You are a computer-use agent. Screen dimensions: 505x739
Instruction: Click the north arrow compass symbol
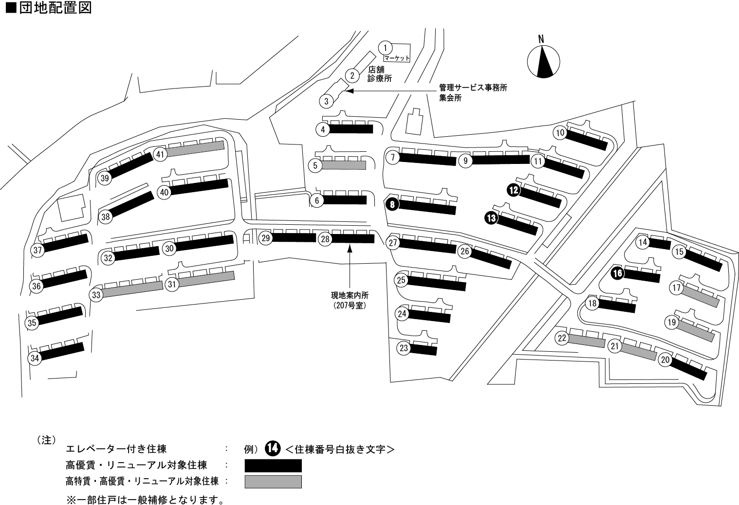click(x=544, y=61)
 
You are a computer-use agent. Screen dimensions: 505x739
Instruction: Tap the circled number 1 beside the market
click(x=385, y=48)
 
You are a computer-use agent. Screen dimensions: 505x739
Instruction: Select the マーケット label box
click(x=397, y=58)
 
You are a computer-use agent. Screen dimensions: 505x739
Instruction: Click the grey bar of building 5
click(x=344, y=165)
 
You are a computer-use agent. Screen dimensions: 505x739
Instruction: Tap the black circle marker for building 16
click(x=617, y=273)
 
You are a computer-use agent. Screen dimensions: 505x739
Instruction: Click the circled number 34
click(x=34, y=359)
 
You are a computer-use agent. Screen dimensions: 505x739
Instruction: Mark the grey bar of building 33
click(x=132, y=289)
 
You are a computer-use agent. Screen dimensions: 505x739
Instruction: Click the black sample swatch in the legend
click(x=273, y=466)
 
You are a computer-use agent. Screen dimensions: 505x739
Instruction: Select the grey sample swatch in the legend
click(x=273, y=482)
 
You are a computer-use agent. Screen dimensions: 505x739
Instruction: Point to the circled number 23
click(x=404, y=348)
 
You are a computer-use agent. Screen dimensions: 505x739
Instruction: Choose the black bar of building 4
click(x=351, y=129)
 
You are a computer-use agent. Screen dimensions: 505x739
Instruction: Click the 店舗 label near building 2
click(x=376, y=70)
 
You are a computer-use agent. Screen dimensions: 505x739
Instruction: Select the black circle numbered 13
click(x=491, y=218)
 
